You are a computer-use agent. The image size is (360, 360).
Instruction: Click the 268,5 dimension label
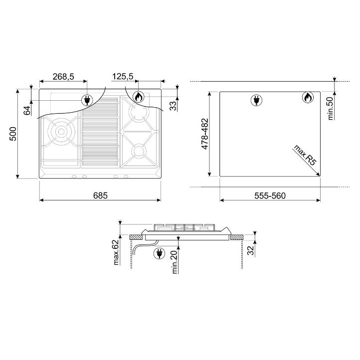click(x=63, y=76)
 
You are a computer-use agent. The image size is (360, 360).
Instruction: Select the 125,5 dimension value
click(x=123, y=76)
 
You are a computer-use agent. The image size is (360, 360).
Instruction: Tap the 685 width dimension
click(x=100, y=195)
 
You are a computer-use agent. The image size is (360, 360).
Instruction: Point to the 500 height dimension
click(x=13, y=134)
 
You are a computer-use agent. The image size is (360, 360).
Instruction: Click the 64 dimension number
click(x=27, y=110)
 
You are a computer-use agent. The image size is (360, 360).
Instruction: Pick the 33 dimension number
click(x=174, y=106)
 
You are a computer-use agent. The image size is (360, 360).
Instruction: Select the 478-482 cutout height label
click(x=204, y=134)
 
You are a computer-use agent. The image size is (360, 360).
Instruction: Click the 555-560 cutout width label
click(x=270, y=195)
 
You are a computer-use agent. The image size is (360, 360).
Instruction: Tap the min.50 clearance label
click(x=330, y=108)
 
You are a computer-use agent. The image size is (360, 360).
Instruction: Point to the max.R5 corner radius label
click(x=305, y=155)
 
